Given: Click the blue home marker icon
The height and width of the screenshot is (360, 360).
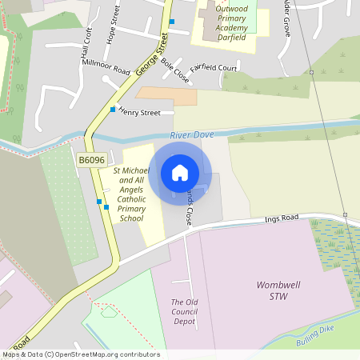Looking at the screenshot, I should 180,173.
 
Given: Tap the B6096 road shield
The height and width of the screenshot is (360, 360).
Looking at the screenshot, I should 91,160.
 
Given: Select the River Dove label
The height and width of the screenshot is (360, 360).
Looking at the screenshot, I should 192,135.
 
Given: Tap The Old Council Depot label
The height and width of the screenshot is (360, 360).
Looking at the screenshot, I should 184,312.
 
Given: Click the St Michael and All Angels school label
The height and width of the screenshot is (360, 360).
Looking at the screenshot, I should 130,194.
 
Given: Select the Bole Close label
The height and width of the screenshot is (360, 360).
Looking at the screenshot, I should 174,70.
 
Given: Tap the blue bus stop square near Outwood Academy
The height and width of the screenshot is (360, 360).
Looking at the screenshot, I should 171,22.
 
